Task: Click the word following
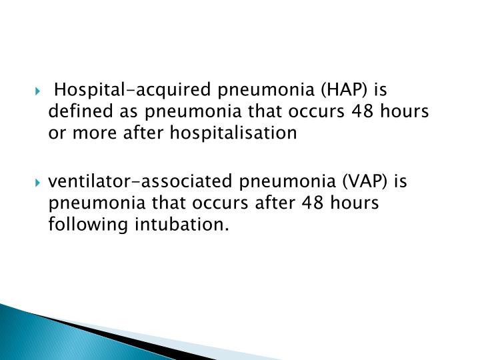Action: point(80,227)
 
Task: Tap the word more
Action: point(91,133)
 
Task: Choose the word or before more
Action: point(56,133)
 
